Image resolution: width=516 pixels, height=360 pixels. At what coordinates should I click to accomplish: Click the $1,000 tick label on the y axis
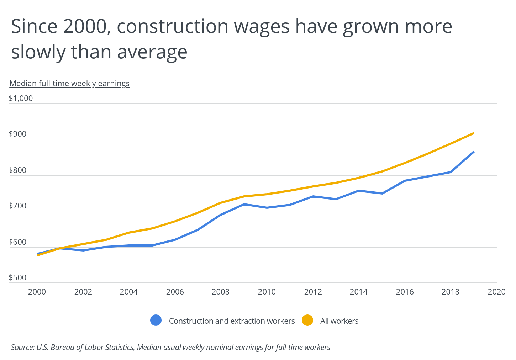[x=21, y=98]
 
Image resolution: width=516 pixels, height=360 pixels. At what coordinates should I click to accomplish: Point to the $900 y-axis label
[x=17, y=134]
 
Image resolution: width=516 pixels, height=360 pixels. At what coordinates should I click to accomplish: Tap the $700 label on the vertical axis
[x=17, y=206]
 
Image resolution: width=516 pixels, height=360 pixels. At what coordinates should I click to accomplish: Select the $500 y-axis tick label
[x=17, y=278]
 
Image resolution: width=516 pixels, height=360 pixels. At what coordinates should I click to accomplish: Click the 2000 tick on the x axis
[x=37, y=292]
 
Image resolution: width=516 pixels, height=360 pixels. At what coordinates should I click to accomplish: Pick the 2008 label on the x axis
[x=221, y=292]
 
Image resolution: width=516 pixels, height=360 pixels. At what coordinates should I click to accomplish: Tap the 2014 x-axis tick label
[x=359, y=292]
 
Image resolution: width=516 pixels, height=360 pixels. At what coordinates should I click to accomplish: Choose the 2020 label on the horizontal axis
[x=496, y=292]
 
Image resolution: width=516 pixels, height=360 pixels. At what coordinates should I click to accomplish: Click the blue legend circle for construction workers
[x=156, y=321]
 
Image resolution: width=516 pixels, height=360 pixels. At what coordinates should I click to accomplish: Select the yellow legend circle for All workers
[x=307, y=321]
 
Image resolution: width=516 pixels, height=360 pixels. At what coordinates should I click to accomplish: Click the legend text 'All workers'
[x=339, y=321]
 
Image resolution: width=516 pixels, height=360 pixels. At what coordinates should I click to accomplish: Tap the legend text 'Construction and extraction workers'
[x=232, y=321]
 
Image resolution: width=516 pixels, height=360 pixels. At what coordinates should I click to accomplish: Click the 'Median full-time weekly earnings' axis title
[x=69, y=83]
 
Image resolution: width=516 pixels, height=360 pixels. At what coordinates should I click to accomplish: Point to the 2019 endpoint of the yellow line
[x=474, y=133]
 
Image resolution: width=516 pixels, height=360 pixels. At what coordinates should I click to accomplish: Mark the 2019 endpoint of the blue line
[x=474, y=152]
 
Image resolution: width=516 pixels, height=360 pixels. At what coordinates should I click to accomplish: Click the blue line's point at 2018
[x=451, y=172]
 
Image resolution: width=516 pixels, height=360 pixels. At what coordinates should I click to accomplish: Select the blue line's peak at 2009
[x=244, y=204]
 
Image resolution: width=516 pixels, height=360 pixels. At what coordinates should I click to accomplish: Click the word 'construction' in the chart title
[x=172, y=26]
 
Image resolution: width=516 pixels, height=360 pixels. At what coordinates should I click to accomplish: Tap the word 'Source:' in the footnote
[x=22, y=347]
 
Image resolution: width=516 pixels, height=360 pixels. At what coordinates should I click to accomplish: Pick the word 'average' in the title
[x=152, y=52]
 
